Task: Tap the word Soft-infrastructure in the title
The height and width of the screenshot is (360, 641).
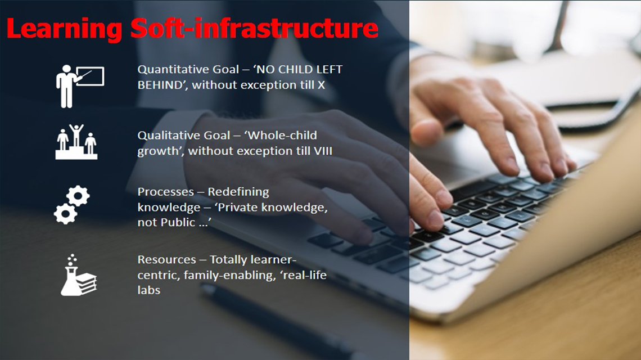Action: [x=254, y=28]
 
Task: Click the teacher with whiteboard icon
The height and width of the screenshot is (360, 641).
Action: [x=80, y=86]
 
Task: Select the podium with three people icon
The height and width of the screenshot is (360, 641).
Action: [x=76, y=142]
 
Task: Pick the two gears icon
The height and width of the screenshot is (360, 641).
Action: [x=72, y=205]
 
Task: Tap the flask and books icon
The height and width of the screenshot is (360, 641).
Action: [x=79, y=274]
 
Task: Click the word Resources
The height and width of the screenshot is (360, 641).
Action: [x=166, y=260]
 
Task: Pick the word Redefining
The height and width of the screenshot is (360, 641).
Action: [x=238, y=192]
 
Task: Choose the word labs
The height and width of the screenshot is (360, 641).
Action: [x=149, y=290]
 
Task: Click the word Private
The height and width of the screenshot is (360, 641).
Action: [x=238, y=208]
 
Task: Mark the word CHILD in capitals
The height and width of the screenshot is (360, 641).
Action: [x=294, y=70]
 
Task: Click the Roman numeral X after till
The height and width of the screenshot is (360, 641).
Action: [x=321, y=85]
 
